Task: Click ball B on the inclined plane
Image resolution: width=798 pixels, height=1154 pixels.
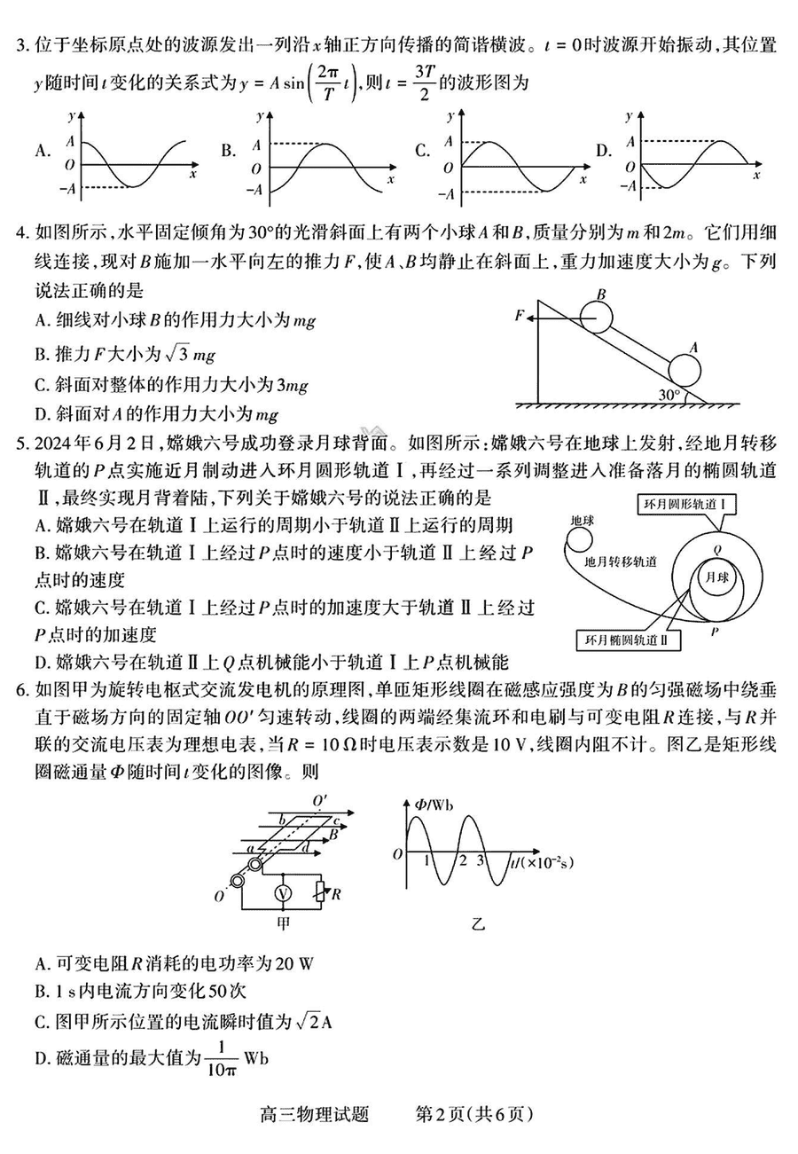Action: (x=597, y=317)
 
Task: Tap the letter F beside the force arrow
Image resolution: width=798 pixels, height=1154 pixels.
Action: (x=520, y=315)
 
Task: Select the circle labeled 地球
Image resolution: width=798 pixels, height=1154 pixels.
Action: (x=582, y=535)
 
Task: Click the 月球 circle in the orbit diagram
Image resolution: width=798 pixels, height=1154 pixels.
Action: (x=715, y=577)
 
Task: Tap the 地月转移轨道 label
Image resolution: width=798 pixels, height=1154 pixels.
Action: (x=621, y=561)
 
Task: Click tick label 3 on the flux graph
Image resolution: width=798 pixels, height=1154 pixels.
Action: (x=481, y=860)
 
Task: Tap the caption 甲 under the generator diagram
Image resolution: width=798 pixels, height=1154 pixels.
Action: (x=284, y=923)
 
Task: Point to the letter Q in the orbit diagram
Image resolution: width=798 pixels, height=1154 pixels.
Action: (x=716, y=549)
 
